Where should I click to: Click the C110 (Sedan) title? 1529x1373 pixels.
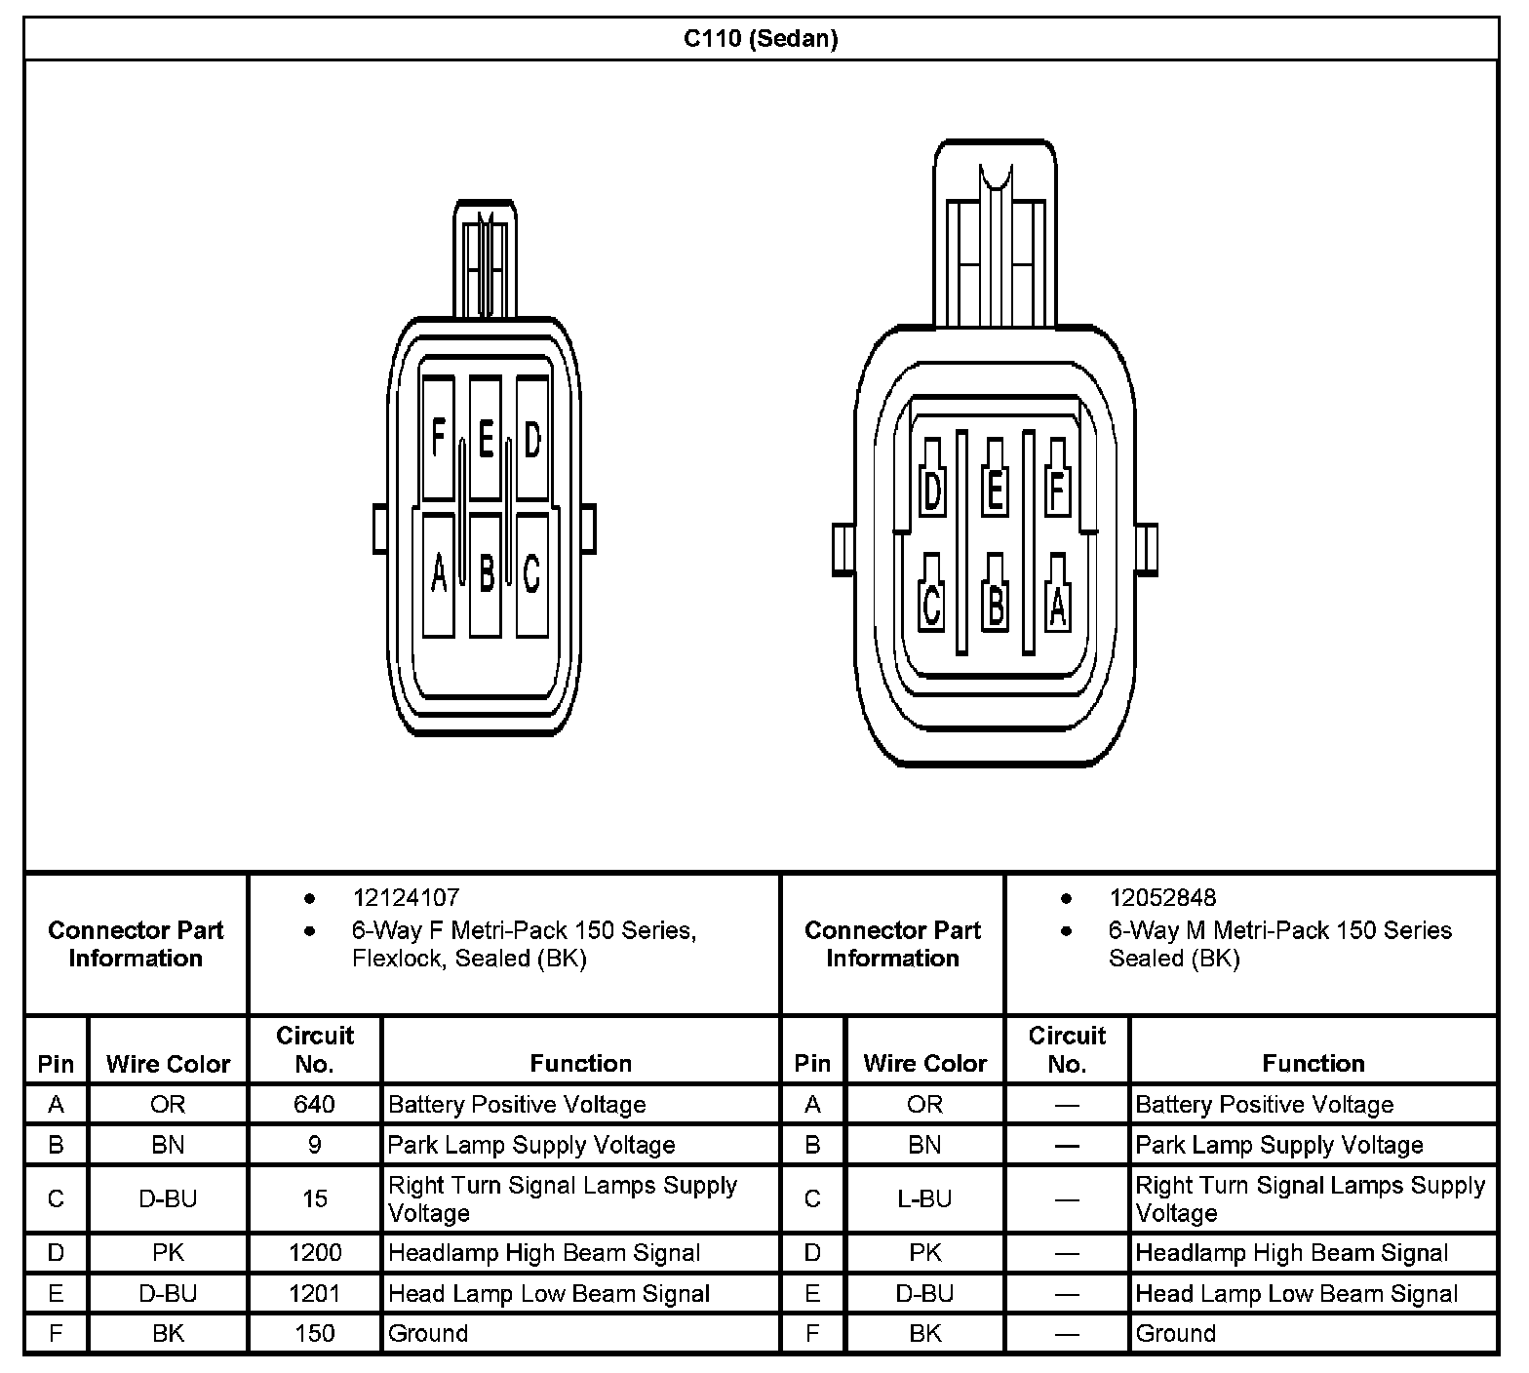pyautogui.click(x=761, y=39)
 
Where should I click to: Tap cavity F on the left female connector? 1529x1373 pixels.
pyautogui.click(x=438, y=438)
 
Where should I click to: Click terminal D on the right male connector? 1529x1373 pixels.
pyautogui.click(x=932, y=487)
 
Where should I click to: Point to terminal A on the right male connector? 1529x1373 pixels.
pyautogui.click(x=1057, y=601)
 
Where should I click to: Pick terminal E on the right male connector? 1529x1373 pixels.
pyautogui.click(x=995, y=487)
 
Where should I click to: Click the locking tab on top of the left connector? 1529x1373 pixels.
pyautogui.click(x=485, y=258)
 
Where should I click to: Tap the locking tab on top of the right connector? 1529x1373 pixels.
pyautogui.click(x=995, y=234)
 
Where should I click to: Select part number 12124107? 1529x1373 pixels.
pyautogui.click(x=406, y=897)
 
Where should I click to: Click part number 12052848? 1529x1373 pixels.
pyautogui.click(x=1162, y=897)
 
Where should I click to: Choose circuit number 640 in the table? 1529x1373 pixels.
pyautogui.click(x=314, y=1104)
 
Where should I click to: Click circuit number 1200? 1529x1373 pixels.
pyautogui.click(x=314, y=1253)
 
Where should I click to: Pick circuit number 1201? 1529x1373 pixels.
pyautogui.click(x=314, y=1294)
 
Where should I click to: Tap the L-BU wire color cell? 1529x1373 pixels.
pyautogui.click(x=924, y=1198)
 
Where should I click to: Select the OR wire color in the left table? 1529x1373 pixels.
pyautogui.click(x=168, y=1104)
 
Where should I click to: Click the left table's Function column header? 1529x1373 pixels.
pyautogui.click(x=580, y=1063)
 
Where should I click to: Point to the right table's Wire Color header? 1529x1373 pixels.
pyautogui.click(x=924, y=1063)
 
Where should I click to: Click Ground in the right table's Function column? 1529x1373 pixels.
pyautogui.click(x=1175, y=1333)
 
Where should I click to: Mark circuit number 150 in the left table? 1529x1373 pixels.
pyautogui.click(x=314, y=1333)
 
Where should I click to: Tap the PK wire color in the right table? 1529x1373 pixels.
pyautogui.click(x=924, y=1253)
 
